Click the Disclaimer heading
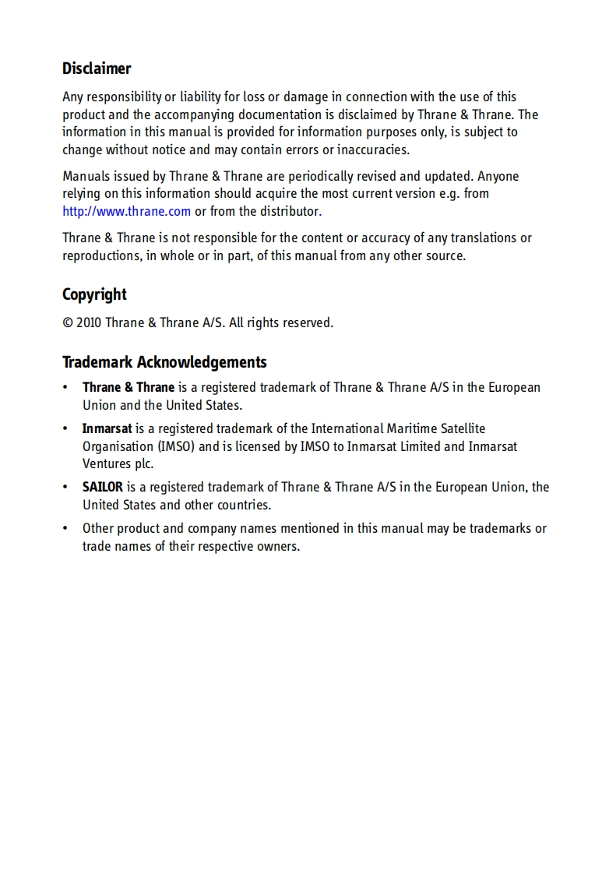(97, 69)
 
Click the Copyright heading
(94, 294)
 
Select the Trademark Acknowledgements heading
(164, 362)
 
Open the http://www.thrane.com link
(126, 211)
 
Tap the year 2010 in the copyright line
(89, 322)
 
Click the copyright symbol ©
(68, 322)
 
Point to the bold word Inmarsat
(107, 428)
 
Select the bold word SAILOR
(103, 487)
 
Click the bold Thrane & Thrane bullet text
(128, 387)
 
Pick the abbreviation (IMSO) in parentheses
(177, 446)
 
